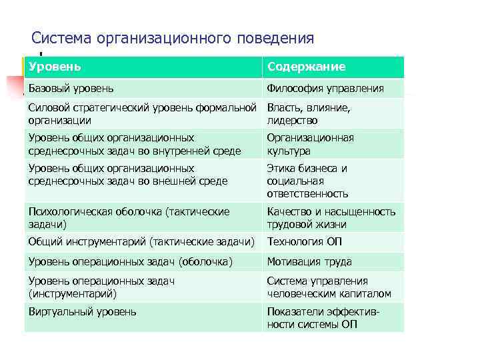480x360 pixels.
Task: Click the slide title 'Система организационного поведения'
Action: click(173, 38)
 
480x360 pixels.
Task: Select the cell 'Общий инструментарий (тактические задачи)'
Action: click(142, 242)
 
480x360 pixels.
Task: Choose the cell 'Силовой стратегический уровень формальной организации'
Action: click(142, 114)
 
